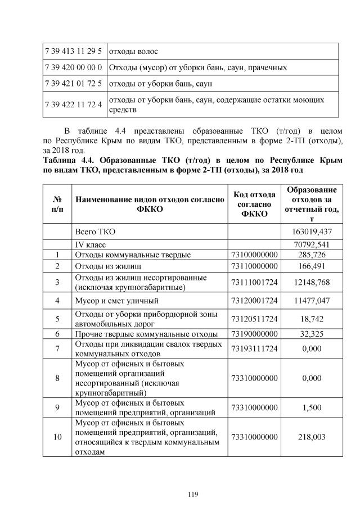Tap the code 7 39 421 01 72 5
pos(74,84)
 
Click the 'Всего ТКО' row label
pos(96,232)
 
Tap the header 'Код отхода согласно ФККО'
pos(254,204)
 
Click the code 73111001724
pos(254,282)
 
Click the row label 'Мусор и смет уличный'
pos(115,301)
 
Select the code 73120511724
pos(254,319)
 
